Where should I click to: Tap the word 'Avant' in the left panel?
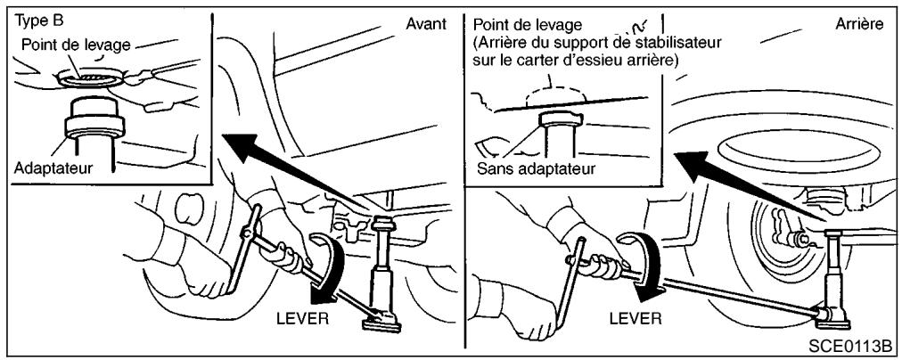point(425,24)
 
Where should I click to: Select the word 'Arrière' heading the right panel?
point(860,24)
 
